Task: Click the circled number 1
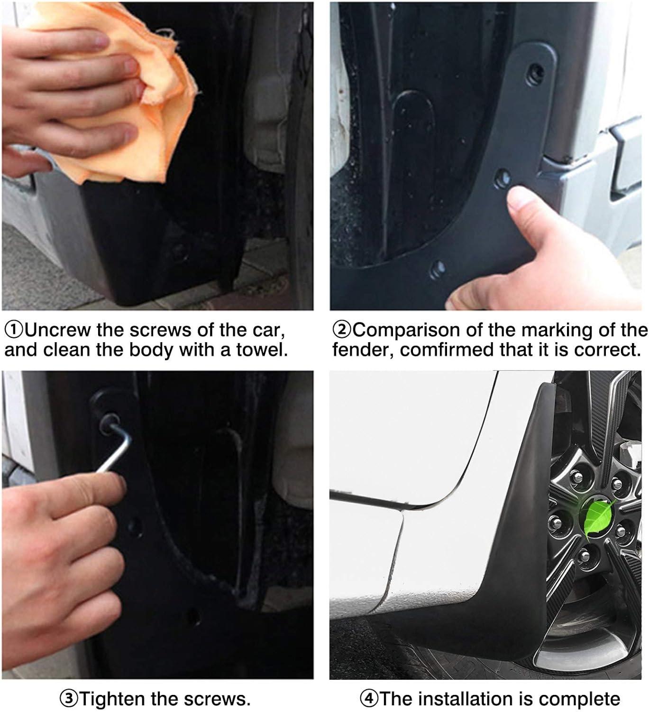(15, 330)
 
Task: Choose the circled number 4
(369, 699)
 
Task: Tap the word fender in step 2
(363, 350)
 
